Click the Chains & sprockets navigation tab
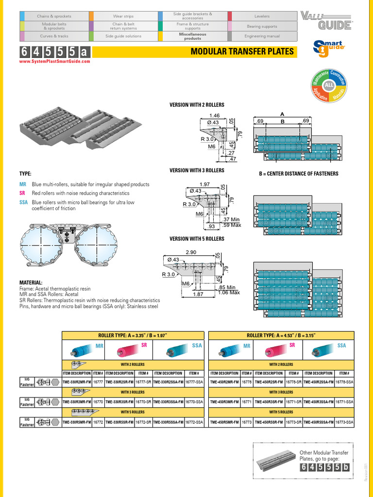53,16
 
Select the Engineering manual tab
262,36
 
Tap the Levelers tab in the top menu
262,16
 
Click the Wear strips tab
123,16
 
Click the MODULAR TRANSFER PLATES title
242,51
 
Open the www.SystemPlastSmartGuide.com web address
55,62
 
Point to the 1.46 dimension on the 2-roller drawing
214,115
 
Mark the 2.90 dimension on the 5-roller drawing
191,253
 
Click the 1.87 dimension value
197,294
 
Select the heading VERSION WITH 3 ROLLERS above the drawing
197,170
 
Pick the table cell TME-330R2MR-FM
77,382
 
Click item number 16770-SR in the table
143,402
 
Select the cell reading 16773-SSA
344,423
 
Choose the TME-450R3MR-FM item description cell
223,402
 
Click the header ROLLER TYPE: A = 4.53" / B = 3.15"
281,335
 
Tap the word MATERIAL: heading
31,282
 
